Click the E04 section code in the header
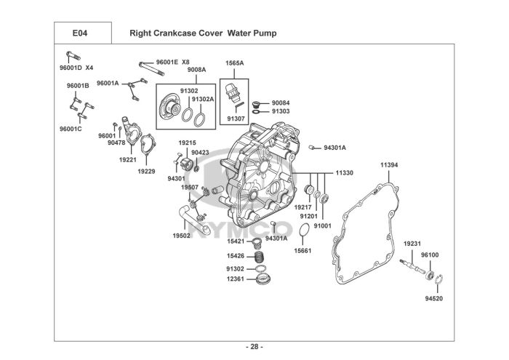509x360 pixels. point(80,33)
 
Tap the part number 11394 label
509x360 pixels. point(389,165)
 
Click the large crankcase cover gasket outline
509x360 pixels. point(334,247)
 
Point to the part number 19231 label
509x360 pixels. point(412,244)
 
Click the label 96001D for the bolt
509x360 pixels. point(71,68)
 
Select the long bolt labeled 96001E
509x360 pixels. point(151,68)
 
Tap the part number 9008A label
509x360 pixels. point(197,70)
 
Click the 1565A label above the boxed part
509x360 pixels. point(235,63)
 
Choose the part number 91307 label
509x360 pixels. point(236,119)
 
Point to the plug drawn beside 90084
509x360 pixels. point(256,104)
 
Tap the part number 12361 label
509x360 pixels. point(236,279)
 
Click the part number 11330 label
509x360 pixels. point(345,173)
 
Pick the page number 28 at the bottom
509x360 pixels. point(254,347)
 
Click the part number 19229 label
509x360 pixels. point(146,172)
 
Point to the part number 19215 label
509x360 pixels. point(188,143)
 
